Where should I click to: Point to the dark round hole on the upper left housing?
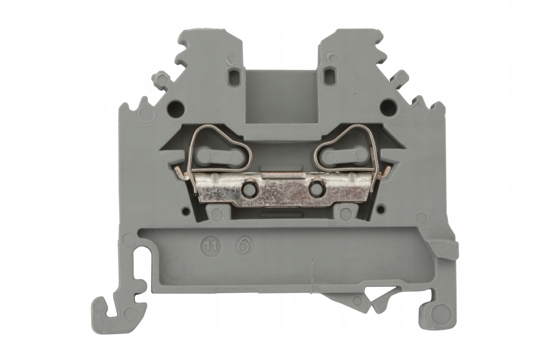click(176, 108)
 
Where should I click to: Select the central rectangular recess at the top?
click(281, 99)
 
